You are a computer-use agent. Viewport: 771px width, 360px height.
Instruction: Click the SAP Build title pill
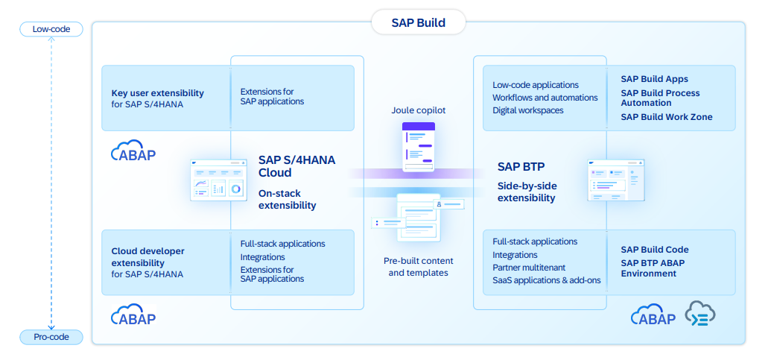[x=419, y=22]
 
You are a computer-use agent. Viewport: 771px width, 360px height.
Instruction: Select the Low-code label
[x=51, y=30]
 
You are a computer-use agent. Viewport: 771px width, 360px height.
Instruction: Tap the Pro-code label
[x=51, y=337]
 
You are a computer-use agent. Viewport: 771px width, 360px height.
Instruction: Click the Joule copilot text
[x=418, y=110]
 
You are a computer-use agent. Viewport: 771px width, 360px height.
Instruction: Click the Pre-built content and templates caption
[x=418, y=267]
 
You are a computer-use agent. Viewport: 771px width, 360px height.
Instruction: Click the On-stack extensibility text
[x=287, y=199]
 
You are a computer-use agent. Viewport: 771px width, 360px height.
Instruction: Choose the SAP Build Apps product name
[x=654, y=79]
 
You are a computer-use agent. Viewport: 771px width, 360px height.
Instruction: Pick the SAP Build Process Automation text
[x=660, y=98]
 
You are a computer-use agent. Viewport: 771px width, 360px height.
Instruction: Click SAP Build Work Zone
[x=666, y=117]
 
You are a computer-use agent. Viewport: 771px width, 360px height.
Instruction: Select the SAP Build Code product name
[x=654, y=250]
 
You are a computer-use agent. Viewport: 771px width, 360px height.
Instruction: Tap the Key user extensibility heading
[x=157, y=93]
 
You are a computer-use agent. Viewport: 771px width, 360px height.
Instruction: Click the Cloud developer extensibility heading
[x=147, y=257]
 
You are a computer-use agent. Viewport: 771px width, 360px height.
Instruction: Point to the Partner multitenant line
[x=528, y=268]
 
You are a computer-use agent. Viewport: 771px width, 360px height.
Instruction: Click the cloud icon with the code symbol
[x=700, y=315]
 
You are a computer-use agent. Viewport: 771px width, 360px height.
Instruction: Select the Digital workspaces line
[x=527, y=110]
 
